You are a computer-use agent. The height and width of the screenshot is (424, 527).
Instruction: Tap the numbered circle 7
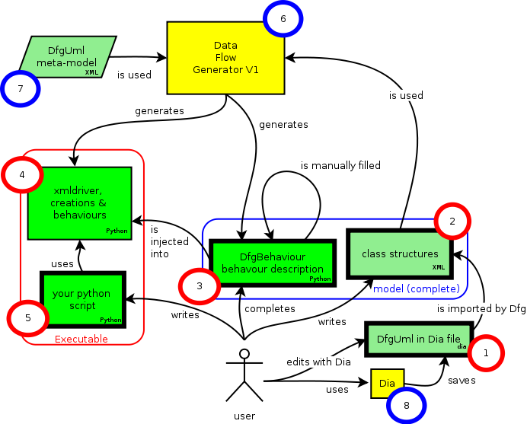[x=21, y=89]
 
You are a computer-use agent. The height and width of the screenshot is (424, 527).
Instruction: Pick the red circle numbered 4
[x=22, y=175]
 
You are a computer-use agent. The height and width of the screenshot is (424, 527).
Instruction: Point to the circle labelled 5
[x=27, y=318]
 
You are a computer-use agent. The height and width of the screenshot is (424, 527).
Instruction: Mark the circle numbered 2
[x=452, y=222]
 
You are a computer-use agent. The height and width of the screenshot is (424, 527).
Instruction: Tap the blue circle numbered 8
[x=407, y=405]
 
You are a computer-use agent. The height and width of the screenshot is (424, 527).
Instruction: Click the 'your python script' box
[x=83, y=299]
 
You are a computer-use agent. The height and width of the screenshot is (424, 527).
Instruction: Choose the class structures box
[x=400, y=253]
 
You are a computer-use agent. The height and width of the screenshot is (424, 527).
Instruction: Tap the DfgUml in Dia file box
[x=418, y=338]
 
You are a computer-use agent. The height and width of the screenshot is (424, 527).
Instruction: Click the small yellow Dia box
[x=387, y=384]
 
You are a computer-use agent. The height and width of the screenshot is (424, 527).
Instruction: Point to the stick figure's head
[x=244, y=354]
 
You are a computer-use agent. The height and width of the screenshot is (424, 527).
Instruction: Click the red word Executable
[x=81, y=340]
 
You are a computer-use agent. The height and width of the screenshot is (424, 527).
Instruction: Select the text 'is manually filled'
[x=340, y=164]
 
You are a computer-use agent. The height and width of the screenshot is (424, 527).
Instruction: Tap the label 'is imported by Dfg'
[x=482, y=309]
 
